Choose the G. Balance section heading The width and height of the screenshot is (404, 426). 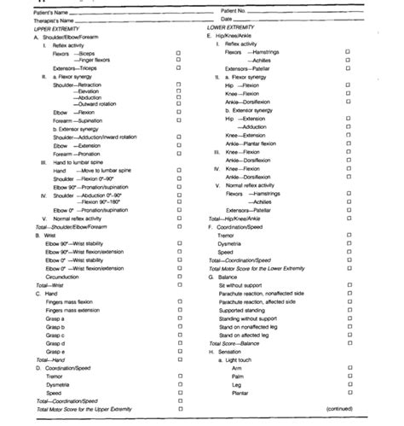pos(227,277)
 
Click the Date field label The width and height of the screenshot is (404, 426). pos(227,19)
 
